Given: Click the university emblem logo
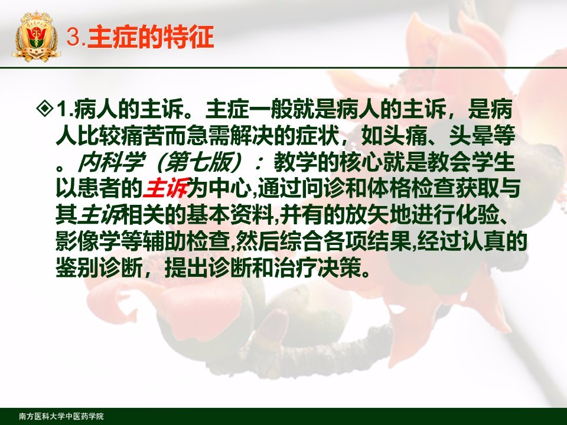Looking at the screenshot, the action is (x=36, y=37).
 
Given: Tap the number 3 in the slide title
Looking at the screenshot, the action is (x=73, y=38).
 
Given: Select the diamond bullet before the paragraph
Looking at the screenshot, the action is (x=45, y=109).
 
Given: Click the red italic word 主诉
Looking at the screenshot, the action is (x=165, y=188).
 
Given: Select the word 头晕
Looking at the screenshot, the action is (x=471, y=136).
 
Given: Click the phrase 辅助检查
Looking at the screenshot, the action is (x=187, y=241).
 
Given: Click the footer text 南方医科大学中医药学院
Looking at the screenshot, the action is (x=61, y=416).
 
